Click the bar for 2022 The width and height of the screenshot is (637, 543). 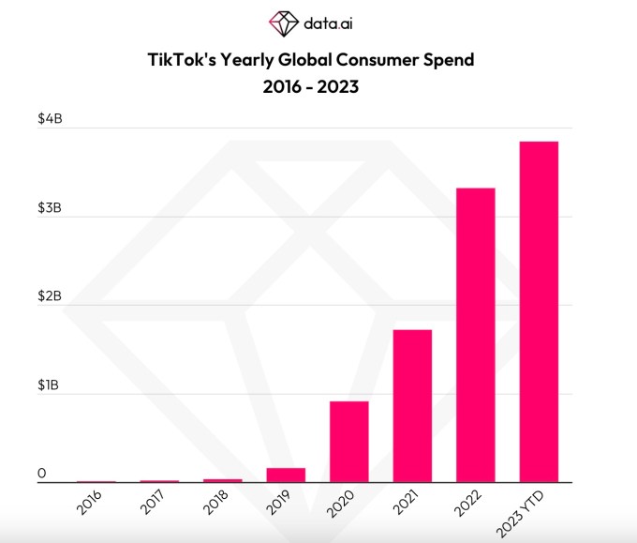coord(475,335)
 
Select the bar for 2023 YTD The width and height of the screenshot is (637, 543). coord(539,311)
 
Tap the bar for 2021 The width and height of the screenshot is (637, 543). coord(412,406)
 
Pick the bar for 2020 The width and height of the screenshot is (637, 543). coord(348,442)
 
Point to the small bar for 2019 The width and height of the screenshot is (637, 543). coord(286,475)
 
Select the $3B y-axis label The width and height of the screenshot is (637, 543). coord(49,207)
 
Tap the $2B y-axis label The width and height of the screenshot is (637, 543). coord(49,296)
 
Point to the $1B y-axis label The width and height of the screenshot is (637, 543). coord(49,385)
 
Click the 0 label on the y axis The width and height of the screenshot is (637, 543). coord(42,475)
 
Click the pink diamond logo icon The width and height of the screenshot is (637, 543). coord(282,22)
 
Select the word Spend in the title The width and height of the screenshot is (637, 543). coord(440,60)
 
